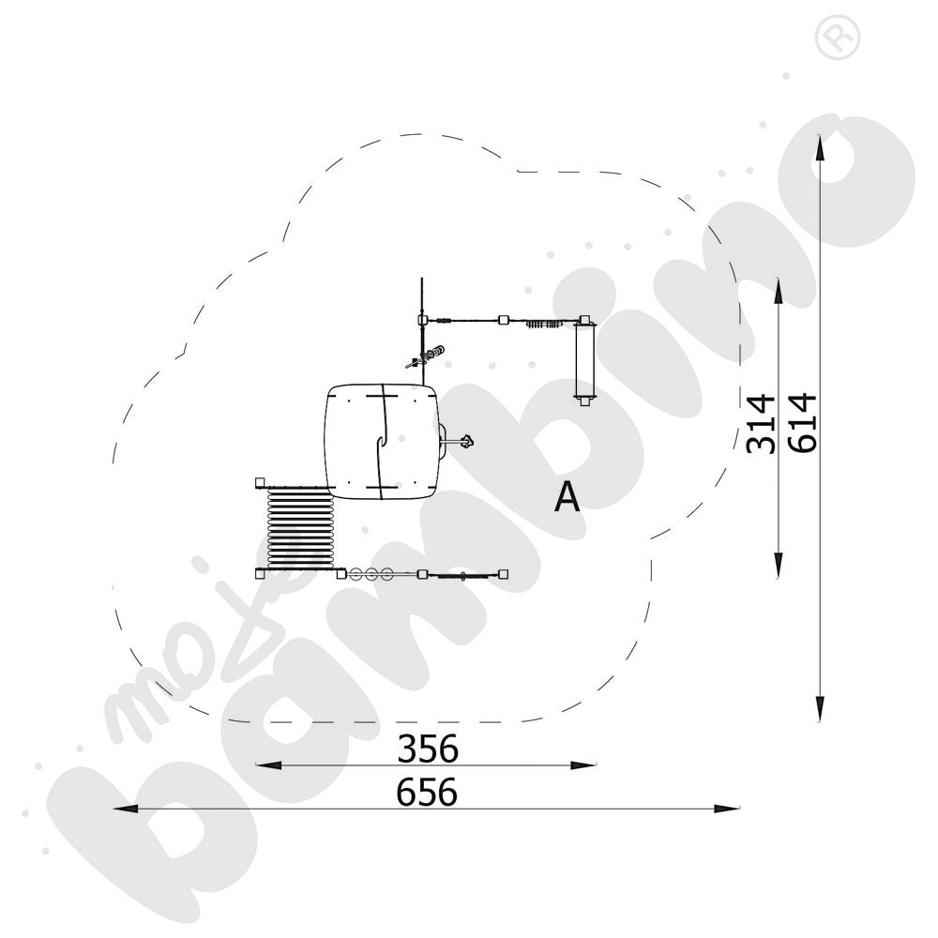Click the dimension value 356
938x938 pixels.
(428, 749)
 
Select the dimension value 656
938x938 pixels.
(427, 792)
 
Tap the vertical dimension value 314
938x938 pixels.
(761, 424)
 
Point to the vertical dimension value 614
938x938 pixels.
(803, 422)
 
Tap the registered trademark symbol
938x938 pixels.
(838, 38)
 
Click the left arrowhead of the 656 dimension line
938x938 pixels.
(127, 809)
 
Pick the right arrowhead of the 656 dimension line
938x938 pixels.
(727, 809)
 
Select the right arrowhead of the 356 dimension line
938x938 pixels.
(583, 765)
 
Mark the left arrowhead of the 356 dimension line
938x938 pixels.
(268, 765)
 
